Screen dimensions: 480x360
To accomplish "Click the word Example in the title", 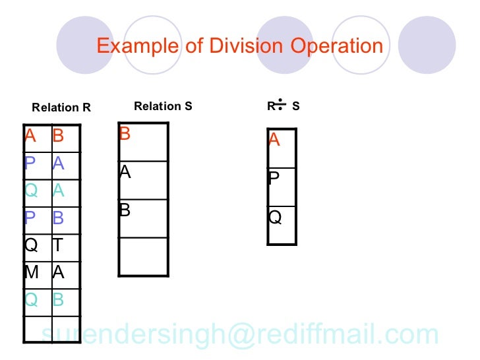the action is (x=137, y=46).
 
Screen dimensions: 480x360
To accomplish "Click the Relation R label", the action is (x=61, y=107).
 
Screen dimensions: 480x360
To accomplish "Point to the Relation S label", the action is (x=163, y=105).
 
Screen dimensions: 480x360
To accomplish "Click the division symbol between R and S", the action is (x=280, y=105).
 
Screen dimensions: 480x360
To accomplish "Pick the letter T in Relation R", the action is (x=58, y=245).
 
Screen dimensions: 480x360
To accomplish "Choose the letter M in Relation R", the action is (x=31, y=272).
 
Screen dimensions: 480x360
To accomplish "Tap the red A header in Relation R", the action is (x=30, y=136).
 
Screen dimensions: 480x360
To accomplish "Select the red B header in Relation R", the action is (x=58, y=136).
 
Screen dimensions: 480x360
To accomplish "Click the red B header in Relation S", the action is (x=125, y=135).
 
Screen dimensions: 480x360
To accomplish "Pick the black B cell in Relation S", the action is (x=125, y=210).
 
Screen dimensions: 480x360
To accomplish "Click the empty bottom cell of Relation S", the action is (x=143, y=256).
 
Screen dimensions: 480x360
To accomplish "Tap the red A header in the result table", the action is (x=274, y=140).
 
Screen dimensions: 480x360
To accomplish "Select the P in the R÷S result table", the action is (x=274, y=178).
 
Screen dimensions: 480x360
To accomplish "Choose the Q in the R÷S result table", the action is (x=275, y=217).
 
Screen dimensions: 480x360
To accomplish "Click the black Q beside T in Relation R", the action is (x=31, y=245).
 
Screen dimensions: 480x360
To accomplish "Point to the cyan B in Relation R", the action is (x=58, y=299).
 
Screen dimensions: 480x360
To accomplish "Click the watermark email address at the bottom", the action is (x=240, y=335).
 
